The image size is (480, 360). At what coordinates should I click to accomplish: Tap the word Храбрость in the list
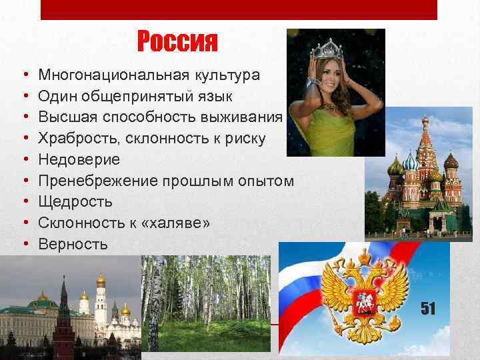click(76, 139)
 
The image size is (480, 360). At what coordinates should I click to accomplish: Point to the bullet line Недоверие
click(79, 159)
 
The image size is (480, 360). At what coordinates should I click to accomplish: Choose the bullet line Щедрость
click(75, 201)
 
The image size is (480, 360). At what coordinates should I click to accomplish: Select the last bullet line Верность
click(73, 244)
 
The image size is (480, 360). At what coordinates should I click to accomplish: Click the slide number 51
click(427, 308)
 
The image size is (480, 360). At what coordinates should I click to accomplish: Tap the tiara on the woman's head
click(327, 48)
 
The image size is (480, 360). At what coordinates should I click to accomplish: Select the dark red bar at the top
click(239, 9)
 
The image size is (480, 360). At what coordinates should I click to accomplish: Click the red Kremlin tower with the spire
click(63, 320)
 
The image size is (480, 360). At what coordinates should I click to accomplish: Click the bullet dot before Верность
click(24, 244)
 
